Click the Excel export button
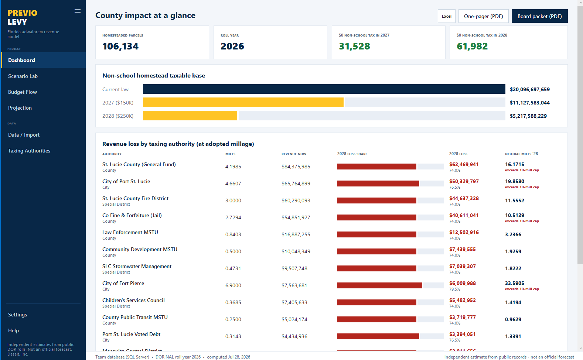[x=446, y=16]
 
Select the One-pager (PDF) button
[x=483, y=16]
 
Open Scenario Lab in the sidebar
[x=23, y=76]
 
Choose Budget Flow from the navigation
[x=23, y=92]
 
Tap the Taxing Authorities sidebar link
[x=29, y=151]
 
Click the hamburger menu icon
[x=78, y=11]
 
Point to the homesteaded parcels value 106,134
[x=120, y=46]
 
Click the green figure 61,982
[x=472, y=46]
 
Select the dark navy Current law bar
[x=324, y=89]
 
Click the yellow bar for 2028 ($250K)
[x=190, y=116]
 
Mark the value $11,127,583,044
[x=530, y=103]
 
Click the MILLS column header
[x=230, y=154]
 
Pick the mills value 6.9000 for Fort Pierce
[x=233, y=285]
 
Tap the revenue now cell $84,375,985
[x=296, y=167]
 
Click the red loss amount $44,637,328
[x=464, y=198]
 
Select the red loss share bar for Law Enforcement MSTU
[x=376, y=234]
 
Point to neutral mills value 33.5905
[x=515, y=283]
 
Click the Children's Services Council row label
[x=133, y=300]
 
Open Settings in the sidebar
[x=17, y=315]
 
